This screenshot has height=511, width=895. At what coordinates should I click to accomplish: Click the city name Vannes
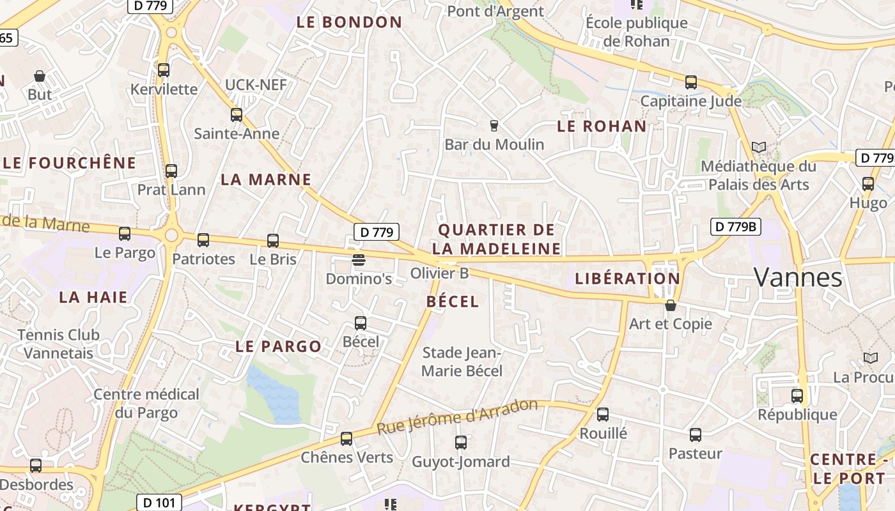[798, 277]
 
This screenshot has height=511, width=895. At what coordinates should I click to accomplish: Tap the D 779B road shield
[735, 226]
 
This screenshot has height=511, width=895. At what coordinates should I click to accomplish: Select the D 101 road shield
[159, 503]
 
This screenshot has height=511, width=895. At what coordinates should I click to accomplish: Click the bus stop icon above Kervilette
[164, 70]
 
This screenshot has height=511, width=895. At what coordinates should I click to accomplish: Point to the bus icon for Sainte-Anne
[237, 115]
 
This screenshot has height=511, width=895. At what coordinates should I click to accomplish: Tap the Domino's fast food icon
[359, 260]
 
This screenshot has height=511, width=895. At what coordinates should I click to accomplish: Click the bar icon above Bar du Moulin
[494, 125]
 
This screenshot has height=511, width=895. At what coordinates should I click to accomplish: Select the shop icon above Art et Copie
[670, 305]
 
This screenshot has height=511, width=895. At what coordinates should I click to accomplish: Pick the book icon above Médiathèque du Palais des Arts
[759, 148]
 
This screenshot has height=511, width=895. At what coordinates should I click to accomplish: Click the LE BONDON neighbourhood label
[350, 22]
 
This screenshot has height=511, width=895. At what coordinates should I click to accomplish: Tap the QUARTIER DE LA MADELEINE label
[496, 239]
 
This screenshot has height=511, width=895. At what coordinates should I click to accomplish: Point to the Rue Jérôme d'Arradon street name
[458, 417]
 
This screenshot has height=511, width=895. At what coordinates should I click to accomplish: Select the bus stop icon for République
[797, 396]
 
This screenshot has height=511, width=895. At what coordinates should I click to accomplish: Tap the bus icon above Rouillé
[603, 415]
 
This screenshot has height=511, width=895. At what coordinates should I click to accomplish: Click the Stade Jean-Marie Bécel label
[462, 362]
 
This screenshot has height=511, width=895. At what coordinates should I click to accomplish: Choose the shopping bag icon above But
[40, 76]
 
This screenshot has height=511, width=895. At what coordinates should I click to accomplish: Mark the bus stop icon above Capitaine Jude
[691, 82]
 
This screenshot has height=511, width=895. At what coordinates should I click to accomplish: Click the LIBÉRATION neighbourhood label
[627, 278]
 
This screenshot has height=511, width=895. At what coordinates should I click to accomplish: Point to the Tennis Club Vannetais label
[59, 344]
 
